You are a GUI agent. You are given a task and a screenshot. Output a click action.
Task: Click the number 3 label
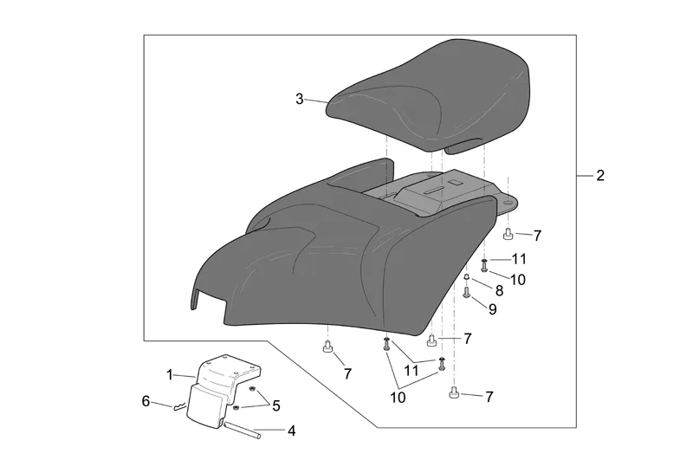tap(300, 99)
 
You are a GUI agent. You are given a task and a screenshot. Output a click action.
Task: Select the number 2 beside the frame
tap(599, 176)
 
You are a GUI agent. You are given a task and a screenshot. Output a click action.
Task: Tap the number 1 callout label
tap(170, 375)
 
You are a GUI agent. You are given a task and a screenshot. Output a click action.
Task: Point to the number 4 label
tap(291, 431)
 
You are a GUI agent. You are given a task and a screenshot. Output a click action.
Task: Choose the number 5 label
tap(276, 405)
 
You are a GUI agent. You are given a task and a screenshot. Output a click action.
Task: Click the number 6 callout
tap(146, 401)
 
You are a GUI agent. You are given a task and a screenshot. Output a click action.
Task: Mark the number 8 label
tap(499, 291)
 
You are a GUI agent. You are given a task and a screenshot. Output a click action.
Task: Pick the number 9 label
tap(492, 309)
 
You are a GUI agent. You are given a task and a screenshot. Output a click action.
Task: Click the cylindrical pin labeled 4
tap(243, 431)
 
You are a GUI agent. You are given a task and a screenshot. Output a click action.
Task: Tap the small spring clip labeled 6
tap(180, 406)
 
